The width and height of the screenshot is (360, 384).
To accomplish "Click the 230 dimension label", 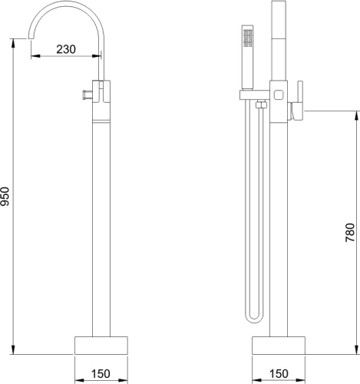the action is (66, 49).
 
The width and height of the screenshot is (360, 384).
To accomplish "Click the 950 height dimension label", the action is (5, 197).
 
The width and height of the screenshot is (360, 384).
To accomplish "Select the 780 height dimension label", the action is (350, 233).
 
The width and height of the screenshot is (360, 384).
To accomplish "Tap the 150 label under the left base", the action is (101, 374).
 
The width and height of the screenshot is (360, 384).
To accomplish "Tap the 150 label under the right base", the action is (279, 374).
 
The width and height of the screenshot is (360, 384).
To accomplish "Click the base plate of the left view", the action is (101, 346).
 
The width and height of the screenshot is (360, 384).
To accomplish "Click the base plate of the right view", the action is (279, 346).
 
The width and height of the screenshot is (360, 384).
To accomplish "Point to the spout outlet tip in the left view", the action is (31, 38).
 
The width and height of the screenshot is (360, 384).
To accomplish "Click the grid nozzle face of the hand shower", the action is (248, 38).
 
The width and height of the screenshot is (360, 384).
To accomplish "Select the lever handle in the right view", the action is (298, 101).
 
